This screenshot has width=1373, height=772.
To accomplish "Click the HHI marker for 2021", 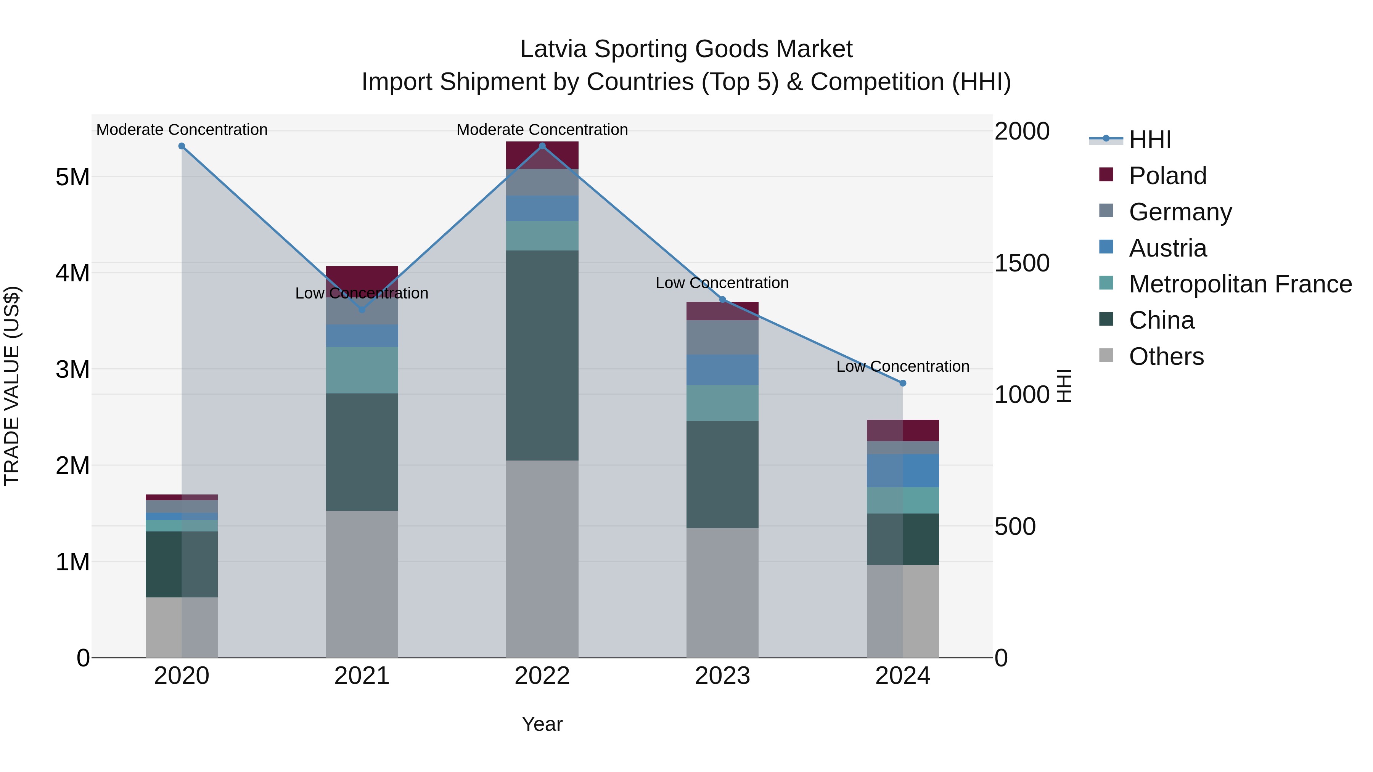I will click(362, 310).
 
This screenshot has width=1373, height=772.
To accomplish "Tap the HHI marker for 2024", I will click(903, 383).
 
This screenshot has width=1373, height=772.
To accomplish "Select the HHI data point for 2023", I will click(723, 299).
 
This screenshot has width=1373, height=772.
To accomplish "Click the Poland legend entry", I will click(1167, 176).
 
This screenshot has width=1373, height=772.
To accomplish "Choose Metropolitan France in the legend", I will click(1240, 284).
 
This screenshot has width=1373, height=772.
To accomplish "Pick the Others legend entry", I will click(1166, 356).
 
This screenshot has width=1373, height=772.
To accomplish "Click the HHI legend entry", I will click(1150, 140).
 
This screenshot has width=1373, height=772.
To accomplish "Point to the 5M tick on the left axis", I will click(72, 177).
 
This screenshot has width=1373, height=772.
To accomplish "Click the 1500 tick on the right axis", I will click(1022, 263).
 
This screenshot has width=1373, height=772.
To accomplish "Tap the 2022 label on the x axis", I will click(542, 676).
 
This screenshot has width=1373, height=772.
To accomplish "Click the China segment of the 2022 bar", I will click(542, 355).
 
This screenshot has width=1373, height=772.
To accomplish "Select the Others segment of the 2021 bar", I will click(362, 584).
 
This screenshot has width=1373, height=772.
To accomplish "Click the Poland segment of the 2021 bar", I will click(362, 276).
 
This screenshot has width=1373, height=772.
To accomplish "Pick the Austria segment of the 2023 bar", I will click(722, 370).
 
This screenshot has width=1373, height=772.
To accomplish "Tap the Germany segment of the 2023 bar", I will click(722, 337).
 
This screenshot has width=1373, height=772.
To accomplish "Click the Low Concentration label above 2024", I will click(902, 366).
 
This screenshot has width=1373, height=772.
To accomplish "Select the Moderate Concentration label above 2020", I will click(182, 130).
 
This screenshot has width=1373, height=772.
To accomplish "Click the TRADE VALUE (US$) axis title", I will click(12, 386).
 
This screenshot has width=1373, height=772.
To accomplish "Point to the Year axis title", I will click(542, 724).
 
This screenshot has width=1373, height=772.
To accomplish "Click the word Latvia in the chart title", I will click(553, 49).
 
